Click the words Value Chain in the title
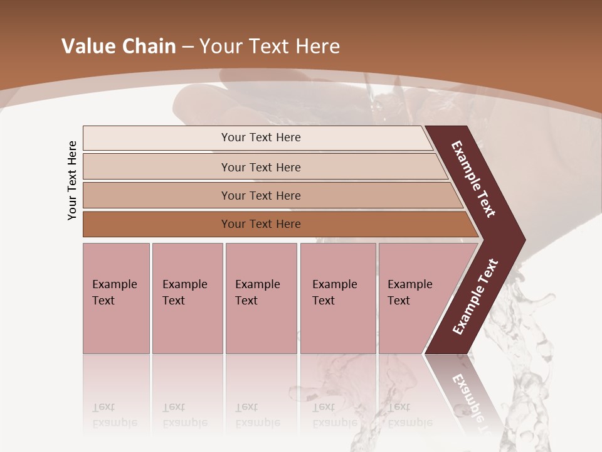point(119,46)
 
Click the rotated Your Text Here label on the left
point(73,180)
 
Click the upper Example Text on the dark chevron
point(473,179)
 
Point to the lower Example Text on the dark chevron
point(475,296)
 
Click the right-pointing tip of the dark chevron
point(520,239)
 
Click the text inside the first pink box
point(114,292)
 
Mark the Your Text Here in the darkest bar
point(261,224)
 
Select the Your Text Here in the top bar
point(261,137)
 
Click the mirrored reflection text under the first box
point(114,415)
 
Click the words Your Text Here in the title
point(270,46)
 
